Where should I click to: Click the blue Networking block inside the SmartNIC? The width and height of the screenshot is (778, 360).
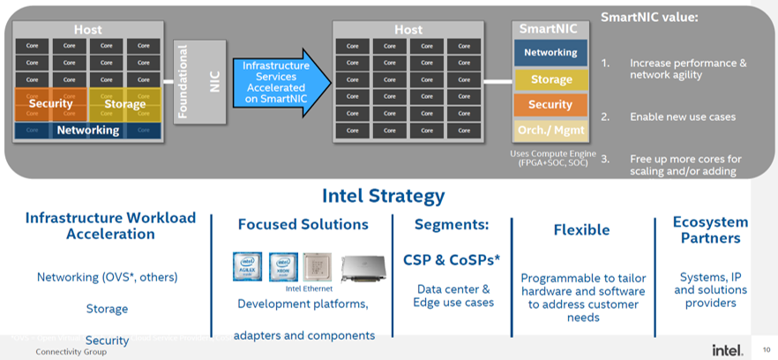pos(550,53)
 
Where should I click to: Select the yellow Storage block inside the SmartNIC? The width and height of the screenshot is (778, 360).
pos(550,79)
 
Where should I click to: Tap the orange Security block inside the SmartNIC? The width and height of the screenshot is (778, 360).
pos(550,105)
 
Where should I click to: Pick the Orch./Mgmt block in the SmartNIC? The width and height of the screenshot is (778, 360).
pos(550,131)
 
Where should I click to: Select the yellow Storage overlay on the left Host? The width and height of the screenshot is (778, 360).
pos(125,104)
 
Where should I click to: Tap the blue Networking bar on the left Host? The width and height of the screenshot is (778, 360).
pos(87,131)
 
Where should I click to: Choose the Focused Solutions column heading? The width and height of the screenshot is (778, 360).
pos(303,224)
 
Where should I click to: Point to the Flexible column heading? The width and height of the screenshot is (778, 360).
pos(581,230)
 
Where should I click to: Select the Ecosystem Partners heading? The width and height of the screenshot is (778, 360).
pos(710,229)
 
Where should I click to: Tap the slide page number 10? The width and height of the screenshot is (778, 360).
pos(765,350)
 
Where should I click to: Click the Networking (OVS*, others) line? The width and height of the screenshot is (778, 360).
pos(107,277)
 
